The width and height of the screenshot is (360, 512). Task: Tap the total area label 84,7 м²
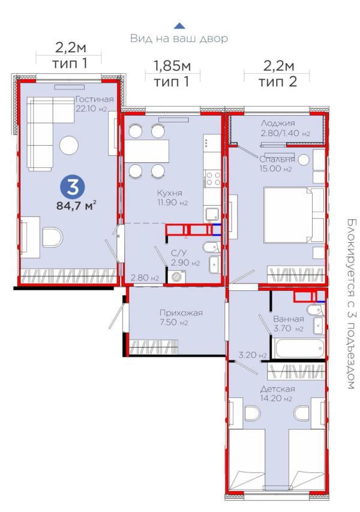(76, 206)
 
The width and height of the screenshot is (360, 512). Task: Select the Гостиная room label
(94, 100)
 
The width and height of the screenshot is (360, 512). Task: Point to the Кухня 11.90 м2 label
(173, 198)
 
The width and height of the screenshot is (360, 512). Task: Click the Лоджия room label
(278, 123)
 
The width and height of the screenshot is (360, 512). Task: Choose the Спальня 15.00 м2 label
(277, 164)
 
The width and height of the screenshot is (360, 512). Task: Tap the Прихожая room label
(181, 313)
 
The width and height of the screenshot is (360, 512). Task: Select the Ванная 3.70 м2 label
(289, 324)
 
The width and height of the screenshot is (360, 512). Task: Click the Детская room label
(277, 389)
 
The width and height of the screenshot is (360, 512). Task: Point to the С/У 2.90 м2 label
(185, 258)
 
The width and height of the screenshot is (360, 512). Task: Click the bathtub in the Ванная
(300, 349)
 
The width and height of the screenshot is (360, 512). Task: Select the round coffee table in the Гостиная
(69, 145)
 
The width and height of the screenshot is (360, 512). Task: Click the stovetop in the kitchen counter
(212, 179)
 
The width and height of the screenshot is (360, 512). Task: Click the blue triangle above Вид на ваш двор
(179, 26)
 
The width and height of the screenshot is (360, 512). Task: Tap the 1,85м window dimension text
(172, 67)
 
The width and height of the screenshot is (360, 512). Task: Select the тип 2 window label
(278, 82)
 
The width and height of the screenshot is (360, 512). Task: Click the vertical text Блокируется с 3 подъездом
(352, 304)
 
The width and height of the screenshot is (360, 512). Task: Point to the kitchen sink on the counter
(212, 214)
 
